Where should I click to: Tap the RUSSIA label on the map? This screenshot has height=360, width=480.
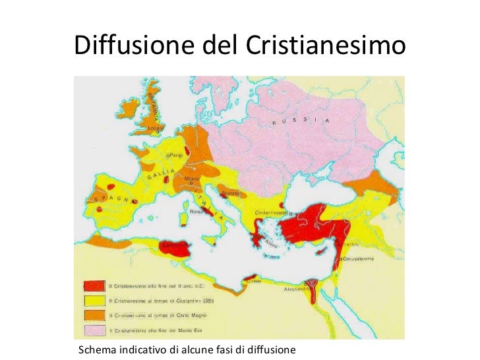[x=296, y=122]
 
